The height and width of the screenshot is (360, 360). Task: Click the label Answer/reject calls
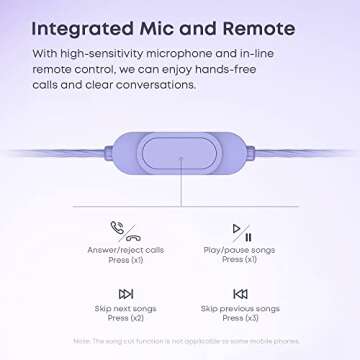[125, 249]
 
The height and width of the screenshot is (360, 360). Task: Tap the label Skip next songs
[125, 309]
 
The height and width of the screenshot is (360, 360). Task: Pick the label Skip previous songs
[240, 309]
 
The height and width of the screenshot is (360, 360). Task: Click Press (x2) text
[125, 319]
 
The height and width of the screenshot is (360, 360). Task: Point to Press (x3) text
[240, 319]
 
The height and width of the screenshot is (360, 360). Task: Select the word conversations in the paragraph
[149, 84]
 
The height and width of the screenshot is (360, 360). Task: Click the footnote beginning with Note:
[180, 342]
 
